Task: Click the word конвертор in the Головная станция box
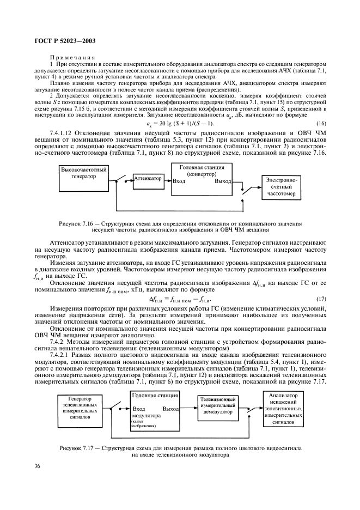202,174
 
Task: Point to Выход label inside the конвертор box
222,181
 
